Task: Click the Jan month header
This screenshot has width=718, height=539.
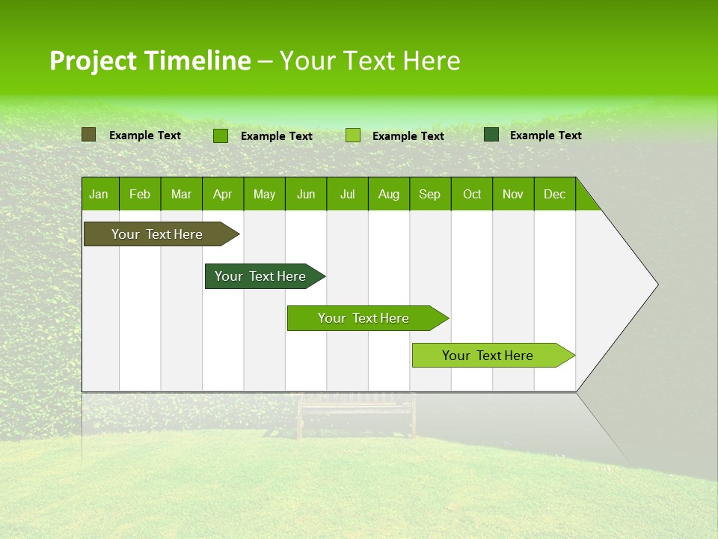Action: click(x=99, y=195)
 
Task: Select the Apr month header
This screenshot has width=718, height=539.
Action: click(x=222, y=195)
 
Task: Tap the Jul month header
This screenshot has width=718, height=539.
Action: click(x=347, y=195)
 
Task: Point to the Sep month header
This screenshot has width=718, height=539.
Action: click(x=429, y=195)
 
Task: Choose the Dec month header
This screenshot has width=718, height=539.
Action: click(x=554, y=195)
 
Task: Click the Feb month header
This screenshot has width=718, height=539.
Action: click(x=140, y=195)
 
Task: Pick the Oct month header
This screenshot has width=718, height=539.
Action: click(x=472, y=195)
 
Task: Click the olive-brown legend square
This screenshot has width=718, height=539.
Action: click(x=89, y=135)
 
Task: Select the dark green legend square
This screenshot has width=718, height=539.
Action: click(x=491, y=135)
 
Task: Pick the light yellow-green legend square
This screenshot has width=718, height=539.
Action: click(x=353, y=135)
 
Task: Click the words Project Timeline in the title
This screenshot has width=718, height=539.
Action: click(x=150, y=61)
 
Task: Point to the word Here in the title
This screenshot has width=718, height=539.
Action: click(x=432, y=61)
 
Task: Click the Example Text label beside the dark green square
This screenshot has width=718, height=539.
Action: click(x=545, y=135)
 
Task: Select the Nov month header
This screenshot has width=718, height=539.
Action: click(x=513, y=195)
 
